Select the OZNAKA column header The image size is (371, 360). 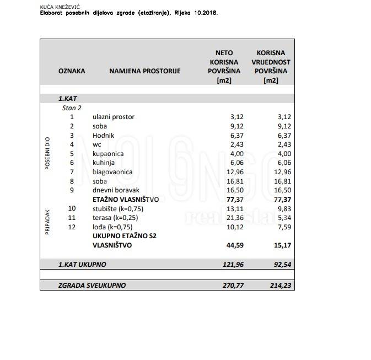[72, 71]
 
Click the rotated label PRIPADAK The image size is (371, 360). [47, 222]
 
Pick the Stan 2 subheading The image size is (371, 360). [72, 108]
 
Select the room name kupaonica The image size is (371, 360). [109, 153]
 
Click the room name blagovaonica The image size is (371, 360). [113, 171]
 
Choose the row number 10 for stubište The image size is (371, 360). [72, 208]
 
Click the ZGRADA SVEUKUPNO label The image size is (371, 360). [92, 285]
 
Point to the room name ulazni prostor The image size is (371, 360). [114, 117]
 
